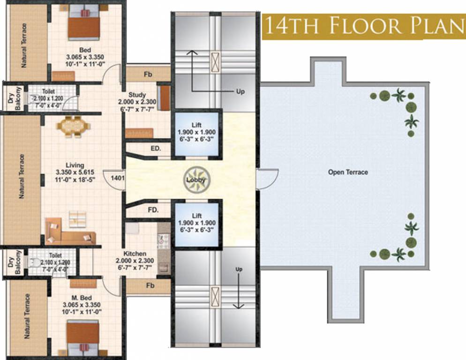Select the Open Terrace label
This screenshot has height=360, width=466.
pos(348,172)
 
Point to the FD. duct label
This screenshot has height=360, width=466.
pos(153,210)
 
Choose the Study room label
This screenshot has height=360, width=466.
pos(137,95)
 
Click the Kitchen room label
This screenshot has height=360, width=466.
pos(135,254)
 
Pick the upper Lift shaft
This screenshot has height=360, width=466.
pos(196,134)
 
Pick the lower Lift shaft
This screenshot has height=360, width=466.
pos(196,224)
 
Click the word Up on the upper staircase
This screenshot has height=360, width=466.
pos(240,92)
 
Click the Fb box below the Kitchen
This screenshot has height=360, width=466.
pos(150,285)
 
